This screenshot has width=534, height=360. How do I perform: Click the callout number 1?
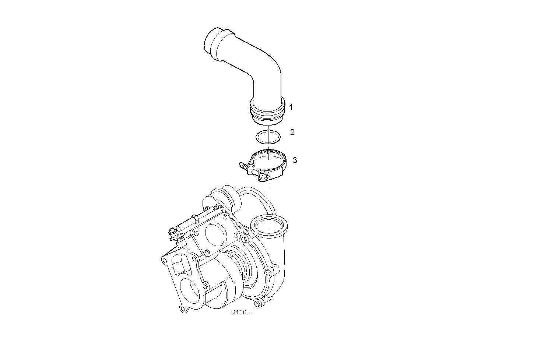tap(291, 107)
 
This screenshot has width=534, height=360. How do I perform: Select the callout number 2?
tap(292, 132)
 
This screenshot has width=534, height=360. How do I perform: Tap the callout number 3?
tap(295, 160)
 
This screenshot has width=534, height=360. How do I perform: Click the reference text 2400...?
tap(243, 313)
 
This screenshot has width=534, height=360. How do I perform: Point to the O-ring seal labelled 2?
tap(268, 137)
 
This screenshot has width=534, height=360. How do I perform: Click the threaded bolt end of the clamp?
tap(242, 166)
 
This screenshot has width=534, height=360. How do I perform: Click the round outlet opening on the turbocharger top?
tap(269, 225)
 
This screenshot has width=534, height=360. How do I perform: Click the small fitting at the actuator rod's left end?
tap(172, 233)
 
